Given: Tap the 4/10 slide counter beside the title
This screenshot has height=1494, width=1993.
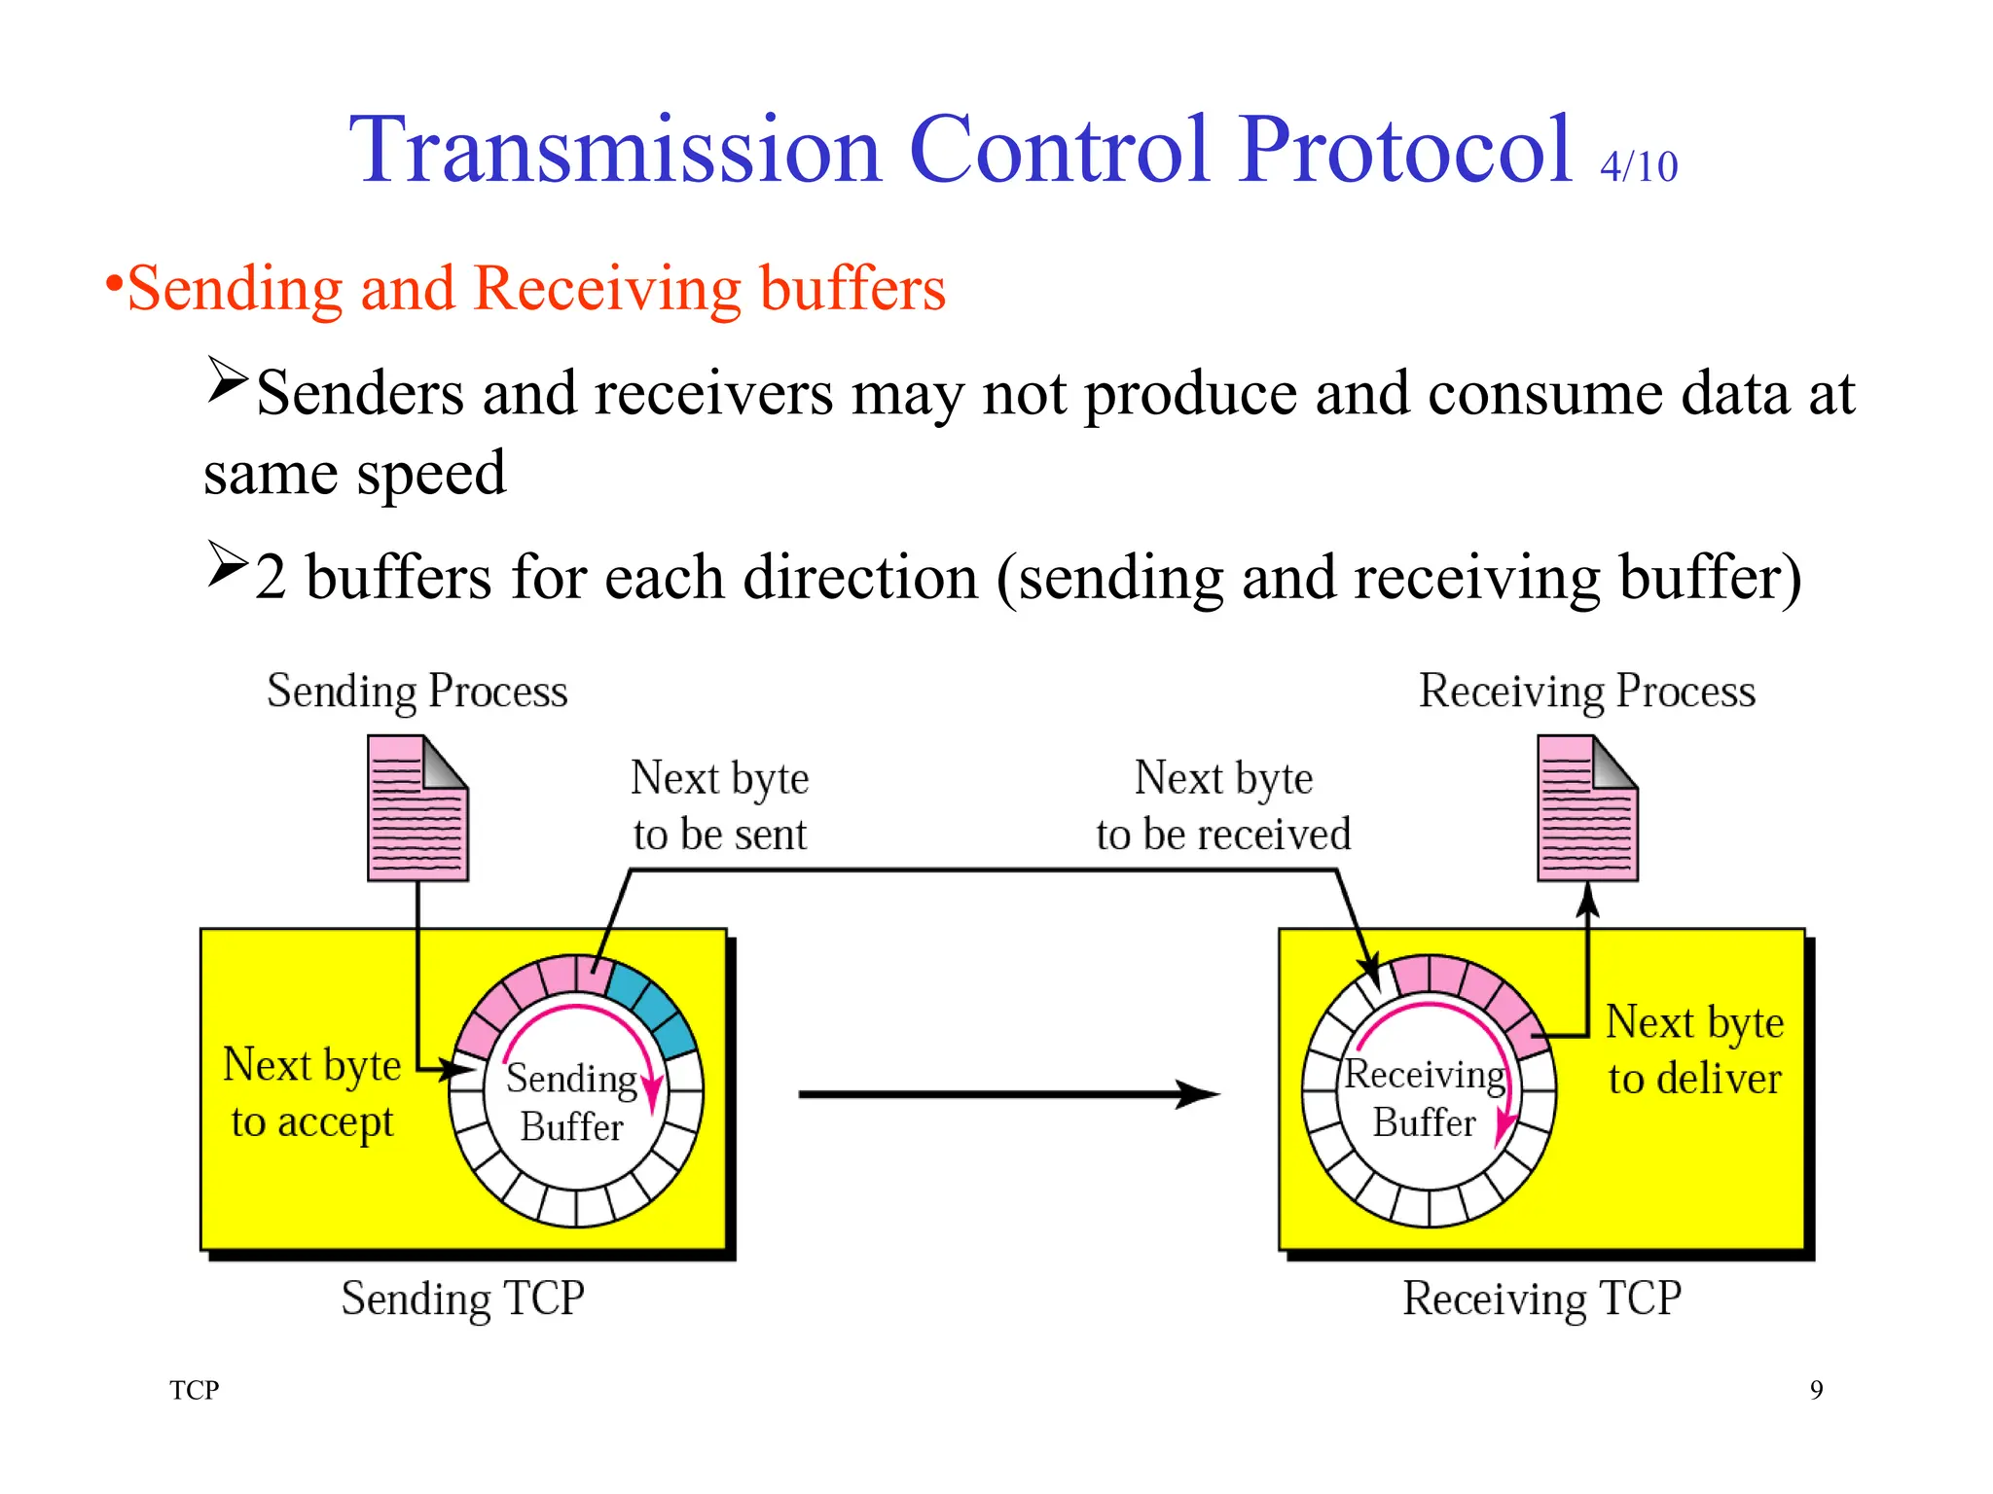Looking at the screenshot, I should (x=1639, y=166).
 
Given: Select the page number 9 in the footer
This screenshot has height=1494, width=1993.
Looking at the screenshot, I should (x=1816, y=1389).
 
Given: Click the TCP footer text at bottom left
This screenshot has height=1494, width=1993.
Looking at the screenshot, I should (x=194, y=1389).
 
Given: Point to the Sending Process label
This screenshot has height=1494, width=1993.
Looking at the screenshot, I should (x=417, y=692).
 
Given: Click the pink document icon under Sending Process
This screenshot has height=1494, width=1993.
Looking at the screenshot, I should (x=417, y=808).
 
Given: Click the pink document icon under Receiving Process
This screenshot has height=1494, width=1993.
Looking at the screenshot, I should (x=1587, y=808).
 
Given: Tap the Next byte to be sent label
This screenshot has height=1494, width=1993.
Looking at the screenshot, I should (x=719, y=805).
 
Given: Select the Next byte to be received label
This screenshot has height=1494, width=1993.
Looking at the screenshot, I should (x=1223, y=805).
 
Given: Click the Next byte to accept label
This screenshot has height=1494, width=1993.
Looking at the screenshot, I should (x=311, y=1092).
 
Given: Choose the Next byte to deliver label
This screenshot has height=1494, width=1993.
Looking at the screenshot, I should (x=1694, y=1049).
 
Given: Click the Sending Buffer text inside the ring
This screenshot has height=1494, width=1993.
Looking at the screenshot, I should (x=571, y=1102).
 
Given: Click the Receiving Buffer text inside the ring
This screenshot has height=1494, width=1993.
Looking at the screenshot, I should (x=1424, y=1098).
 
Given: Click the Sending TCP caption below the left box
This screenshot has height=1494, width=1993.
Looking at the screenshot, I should (x=462, y=1298).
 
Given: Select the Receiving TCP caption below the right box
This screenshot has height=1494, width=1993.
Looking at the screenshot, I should (x=1541, y=1298).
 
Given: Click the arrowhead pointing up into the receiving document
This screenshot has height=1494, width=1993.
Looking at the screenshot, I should (x=1587, y=900).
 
